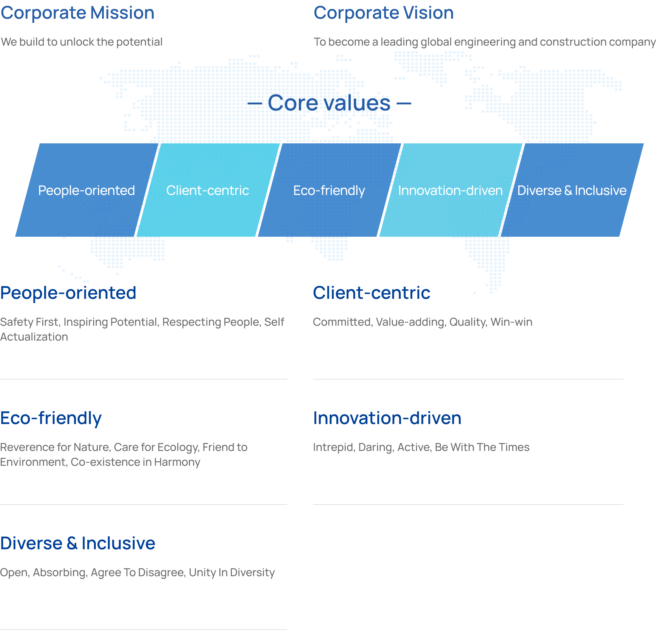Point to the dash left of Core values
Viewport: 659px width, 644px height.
[x=255, y=103]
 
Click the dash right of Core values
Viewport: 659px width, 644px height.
[x=404, y=103]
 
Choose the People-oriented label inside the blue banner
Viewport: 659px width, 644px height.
[x=86, y=190]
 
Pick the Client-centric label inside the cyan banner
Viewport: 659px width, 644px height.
[x=208, y=190]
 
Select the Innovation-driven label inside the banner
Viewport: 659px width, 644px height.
[x=450, y=190]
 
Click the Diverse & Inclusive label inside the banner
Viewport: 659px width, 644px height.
[x=572, y=190]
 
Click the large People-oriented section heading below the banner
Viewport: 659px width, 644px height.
[x=68, y=293]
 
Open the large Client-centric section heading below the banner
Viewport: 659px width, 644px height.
[x=372, y=293]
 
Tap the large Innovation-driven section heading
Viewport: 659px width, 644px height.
[x=387, y=418]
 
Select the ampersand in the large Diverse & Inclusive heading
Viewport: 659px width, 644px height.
[x=72, y=543]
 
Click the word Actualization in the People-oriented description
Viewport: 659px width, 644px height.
[x=34, y=337]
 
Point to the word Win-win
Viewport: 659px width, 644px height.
[x=511, y=322]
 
